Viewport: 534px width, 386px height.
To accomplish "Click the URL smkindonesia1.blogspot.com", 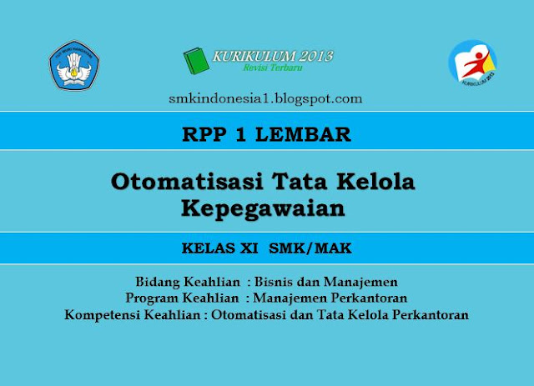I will tap(264, 98).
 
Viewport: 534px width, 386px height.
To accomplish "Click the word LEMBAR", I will tap(315, 133).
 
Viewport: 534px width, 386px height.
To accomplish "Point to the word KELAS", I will tap(209, 248).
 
